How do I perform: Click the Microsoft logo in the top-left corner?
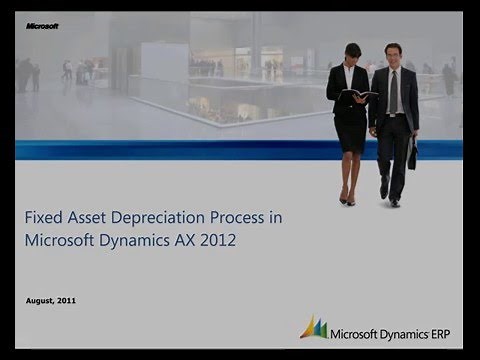pos(41,26)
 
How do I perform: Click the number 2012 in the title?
pos(217,241)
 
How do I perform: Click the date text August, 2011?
pos(51,300)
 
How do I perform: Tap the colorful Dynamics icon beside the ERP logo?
pos(313,327)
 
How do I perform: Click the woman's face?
pos(352,53)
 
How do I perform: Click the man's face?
pos(393,53)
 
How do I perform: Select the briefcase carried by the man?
pos(412,154)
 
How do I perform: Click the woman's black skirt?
pos(350,130)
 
